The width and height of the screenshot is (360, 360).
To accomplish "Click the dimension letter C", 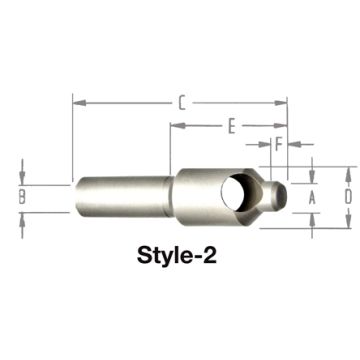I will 180,101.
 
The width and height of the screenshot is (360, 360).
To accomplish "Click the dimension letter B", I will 23,197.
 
